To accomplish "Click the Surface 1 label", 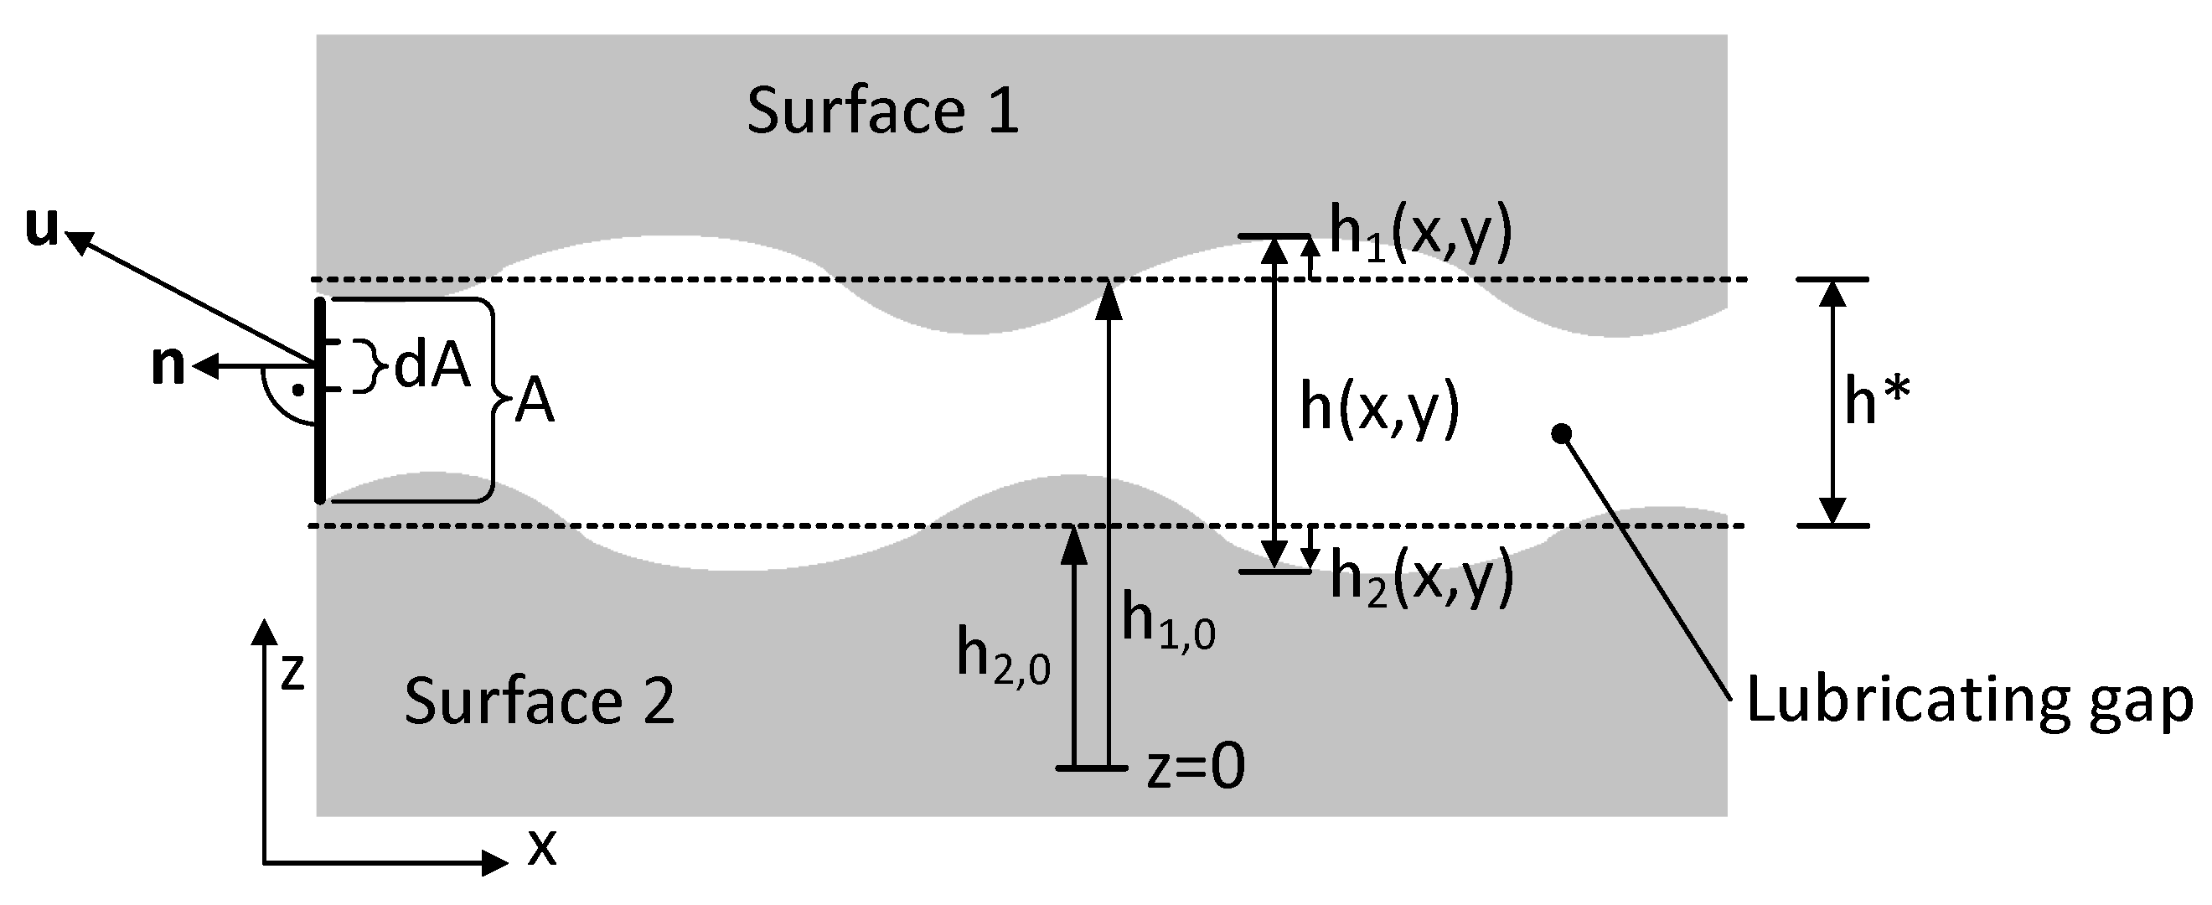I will click(x=883, y=111).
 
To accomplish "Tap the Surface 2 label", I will click(x=540, y=701).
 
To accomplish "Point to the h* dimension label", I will click(x=1876, y=402).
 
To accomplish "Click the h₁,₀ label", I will click(x=1168, y=623).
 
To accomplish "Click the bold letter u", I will click(x=40, y=229).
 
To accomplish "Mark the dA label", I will click(x=432, y=369).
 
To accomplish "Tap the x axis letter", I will click(x=542, y=848).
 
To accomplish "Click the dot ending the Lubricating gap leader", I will click(x=1562, y=432).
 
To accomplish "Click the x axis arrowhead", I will click(x=495, y=861).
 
